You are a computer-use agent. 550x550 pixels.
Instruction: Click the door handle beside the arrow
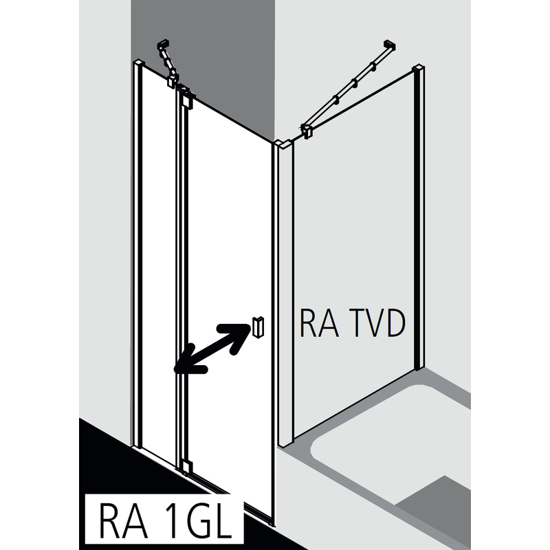(256, 328)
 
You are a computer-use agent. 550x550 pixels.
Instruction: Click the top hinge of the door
(184, 98)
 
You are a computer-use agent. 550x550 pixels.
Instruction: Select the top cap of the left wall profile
(137, 64)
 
